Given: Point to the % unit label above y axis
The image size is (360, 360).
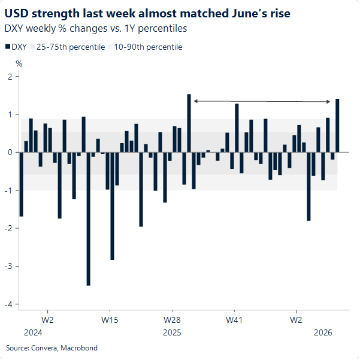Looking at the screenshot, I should coord(19,63).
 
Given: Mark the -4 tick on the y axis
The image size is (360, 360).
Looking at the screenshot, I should coord(9,304).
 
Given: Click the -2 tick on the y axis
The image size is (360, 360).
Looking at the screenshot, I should coord(9,228).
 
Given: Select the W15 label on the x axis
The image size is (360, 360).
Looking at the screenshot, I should coord(110,320).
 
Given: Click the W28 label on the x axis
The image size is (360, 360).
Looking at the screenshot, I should coord(172,320).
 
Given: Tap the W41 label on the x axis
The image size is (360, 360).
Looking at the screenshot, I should coord(234,320).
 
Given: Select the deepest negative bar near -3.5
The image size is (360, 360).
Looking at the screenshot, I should coord(89,219).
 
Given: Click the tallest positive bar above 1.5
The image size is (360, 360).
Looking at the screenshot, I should coord(189,123).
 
